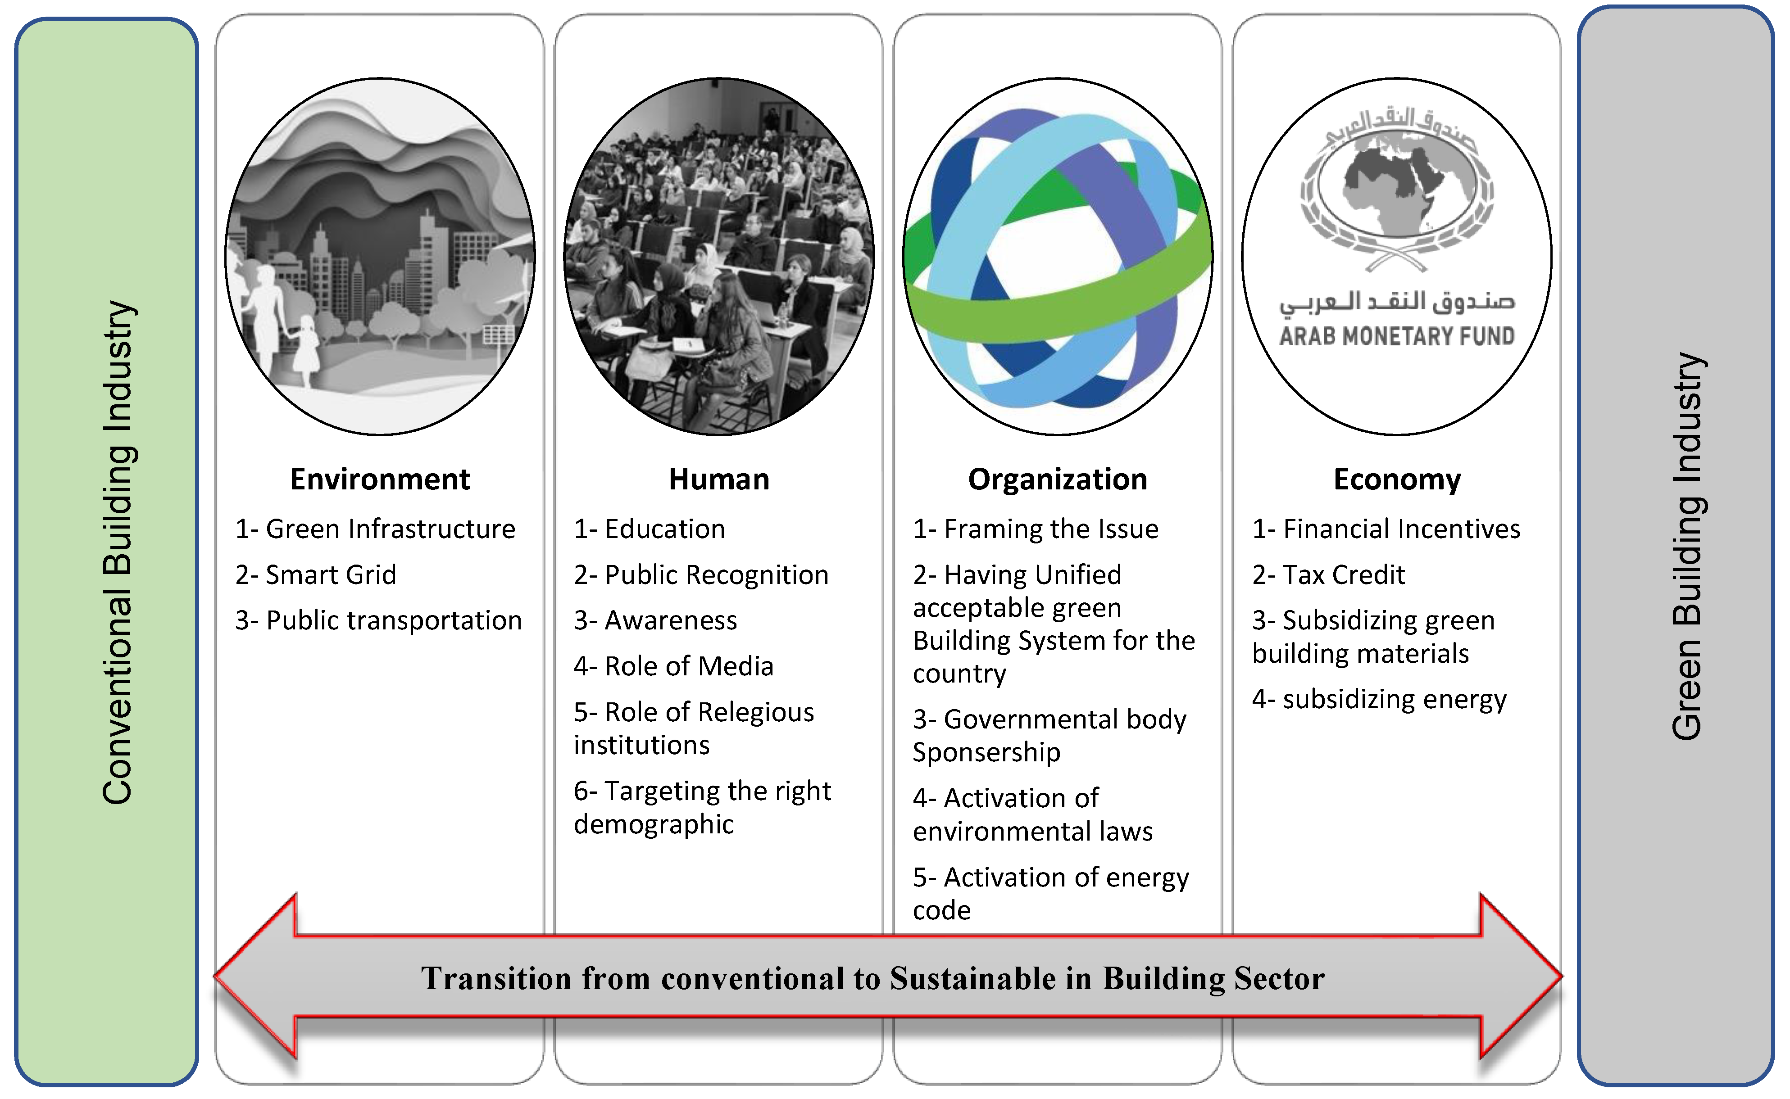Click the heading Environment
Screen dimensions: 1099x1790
[380, 480]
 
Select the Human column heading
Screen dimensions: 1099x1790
[718, 480]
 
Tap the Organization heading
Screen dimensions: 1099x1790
[1057, 480]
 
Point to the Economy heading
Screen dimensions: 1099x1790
[1397, 480]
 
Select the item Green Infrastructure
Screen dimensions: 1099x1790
[375, 529]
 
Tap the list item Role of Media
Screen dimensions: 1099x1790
[673, 666]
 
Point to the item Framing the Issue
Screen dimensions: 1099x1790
[1036, 529]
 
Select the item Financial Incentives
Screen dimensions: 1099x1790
[1386, 529]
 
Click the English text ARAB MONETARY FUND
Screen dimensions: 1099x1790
[1397, 336]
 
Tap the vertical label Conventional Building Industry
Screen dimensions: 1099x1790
[117, 552]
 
